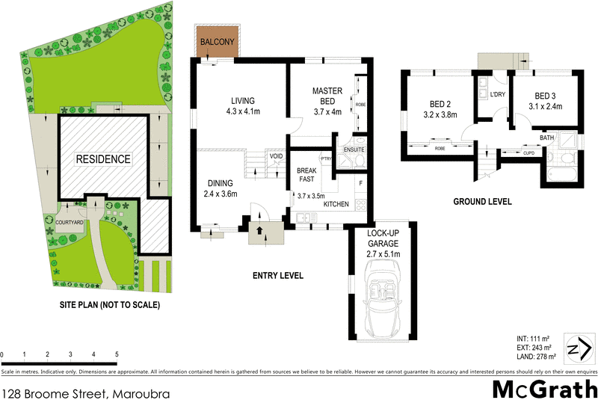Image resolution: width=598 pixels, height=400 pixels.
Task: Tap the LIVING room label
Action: (243, 101)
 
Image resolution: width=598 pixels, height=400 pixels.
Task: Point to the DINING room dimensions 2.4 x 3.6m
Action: (221, 194)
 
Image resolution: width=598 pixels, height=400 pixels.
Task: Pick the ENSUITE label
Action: (353, 150)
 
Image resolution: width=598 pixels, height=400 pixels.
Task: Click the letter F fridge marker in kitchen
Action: (360, 182)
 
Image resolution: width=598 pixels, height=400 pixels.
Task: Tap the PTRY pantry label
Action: (326, 159)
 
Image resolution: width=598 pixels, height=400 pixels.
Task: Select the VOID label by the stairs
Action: (277, 157)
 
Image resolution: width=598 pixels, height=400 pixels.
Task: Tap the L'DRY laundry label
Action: (497, 95)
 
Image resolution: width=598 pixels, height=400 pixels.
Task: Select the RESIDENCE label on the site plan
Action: (102, 159)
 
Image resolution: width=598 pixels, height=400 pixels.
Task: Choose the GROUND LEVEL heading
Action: (483, 201)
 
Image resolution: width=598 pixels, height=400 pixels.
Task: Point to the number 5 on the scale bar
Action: (117, 354)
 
